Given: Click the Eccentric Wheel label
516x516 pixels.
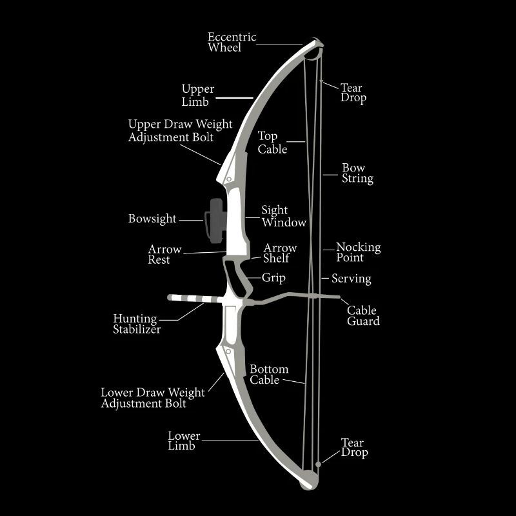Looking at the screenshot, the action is point(232,42).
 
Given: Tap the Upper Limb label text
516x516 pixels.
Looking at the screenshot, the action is point(198,95).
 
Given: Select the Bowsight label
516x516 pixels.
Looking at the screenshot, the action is point(152,219).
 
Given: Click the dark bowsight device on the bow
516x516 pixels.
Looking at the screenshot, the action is point(215,221).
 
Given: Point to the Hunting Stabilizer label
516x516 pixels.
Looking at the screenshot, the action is point(137,324).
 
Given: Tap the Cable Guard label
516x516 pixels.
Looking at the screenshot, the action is point(363,315).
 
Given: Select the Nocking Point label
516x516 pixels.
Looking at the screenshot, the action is point(359,252).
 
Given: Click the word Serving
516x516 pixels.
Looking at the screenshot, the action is point(352,279).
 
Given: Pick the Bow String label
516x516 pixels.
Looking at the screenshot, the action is point(357,174).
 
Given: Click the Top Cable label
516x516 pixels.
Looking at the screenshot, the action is point(272,143).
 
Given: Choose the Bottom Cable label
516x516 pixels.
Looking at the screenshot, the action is point(269,375).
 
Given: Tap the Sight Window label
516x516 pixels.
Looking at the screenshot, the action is point(284,216).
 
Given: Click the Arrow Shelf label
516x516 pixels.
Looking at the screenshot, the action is point(280,253).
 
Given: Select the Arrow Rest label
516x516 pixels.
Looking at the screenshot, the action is point(164,254).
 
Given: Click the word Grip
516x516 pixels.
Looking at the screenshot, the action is point(273,278).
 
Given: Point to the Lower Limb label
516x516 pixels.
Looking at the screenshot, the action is point(184,441).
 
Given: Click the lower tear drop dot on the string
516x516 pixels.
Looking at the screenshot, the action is point(318,464).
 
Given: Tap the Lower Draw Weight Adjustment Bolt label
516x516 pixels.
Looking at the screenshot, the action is point(153,398).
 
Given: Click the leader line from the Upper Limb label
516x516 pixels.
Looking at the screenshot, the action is point(234,98).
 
